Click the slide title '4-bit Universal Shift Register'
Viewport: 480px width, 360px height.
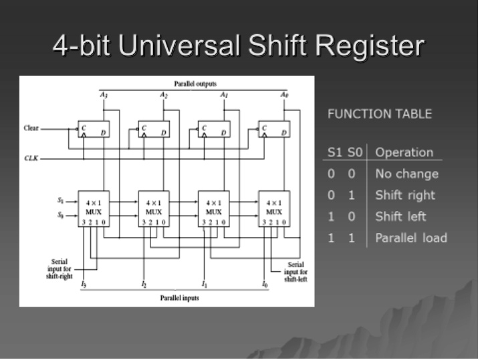pos(239,45)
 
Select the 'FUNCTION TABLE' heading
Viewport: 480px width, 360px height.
pos(379,114)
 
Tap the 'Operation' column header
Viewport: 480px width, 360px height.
pos(404,152)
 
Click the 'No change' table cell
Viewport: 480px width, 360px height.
pos(406,174)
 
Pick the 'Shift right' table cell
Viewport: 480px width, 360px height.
pos(404,195)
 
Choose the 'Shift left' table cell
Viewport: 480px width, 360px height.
pos(400,216)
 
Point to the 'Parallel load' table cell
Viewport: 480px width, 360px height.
pos(410,238)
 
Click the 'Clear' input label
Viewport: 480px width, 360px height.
pos(31,128)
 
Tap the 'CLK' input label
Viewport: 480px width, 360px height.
pos(31,159)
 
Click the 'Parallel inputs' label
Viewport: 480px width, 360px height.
pos(179,298)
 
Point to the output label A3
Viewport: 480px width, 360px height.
pos(104,96)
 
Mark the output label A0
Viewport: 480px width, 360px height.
pos(284,96)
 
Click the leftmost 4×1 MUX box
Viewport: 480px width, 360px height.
pos(94,208)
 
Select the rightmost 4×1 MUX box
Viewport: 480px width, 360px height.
pos(274,208)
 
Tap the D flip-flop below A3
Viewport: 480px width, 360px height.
pos(94,129)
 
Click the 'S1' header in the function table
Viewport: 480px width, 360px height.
pos(334,152)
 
